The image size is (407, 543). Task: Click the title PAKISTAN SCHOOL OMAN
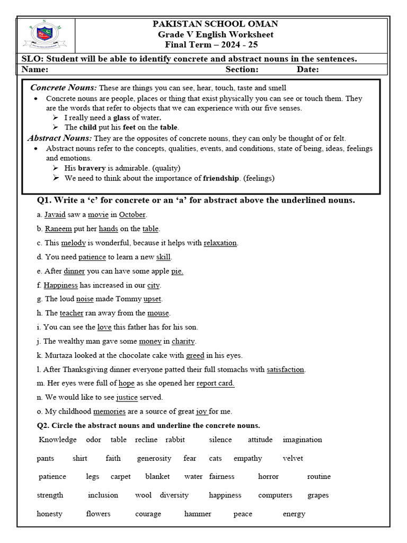pyautogui.click(x=215, y=24)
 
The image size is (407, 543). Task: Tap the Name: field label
pyautogui.click(x=35, y=69)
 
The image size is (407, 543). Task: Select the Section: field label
pyautogui.click(x=242, y=69)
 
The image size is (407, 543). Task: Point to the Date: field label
pyautogui.click(x=307, y=69)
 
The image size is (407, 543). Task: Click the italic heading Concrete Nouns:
pyautogui.click(x=64, y=87)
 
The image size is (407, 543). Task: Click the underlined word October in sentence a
pyautogui.click(x=132, y=215)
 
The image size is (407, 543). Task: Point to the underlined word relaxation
pyautogui.click(x=220, y=243)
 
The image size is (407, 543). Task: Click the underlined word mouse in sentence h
pyautogui.click(x=158, y=313)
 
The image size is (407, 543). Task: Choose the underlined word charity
pyautogui.click(x=183, y=341)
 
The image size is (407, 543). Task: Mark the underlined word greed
pyautogui.click(x=195, y=355)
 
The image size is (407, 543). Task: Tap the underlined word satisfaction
pyautogui.click(x=286, y=369)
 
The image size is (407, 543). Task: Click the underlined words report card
pyautogui.click(x=215, y=383)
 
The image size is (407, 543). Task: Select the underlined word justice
pyautogui.click(x=127, y=397)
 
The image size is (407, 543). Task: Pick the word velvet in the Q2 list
pyautogui.click(x=293, y=458)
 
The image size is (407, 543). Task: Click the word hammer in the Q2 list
pyautogui.click(x=198, y=514)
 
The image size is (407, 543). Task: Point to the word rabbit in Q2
pyautogui.click(x=175, y=440)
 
